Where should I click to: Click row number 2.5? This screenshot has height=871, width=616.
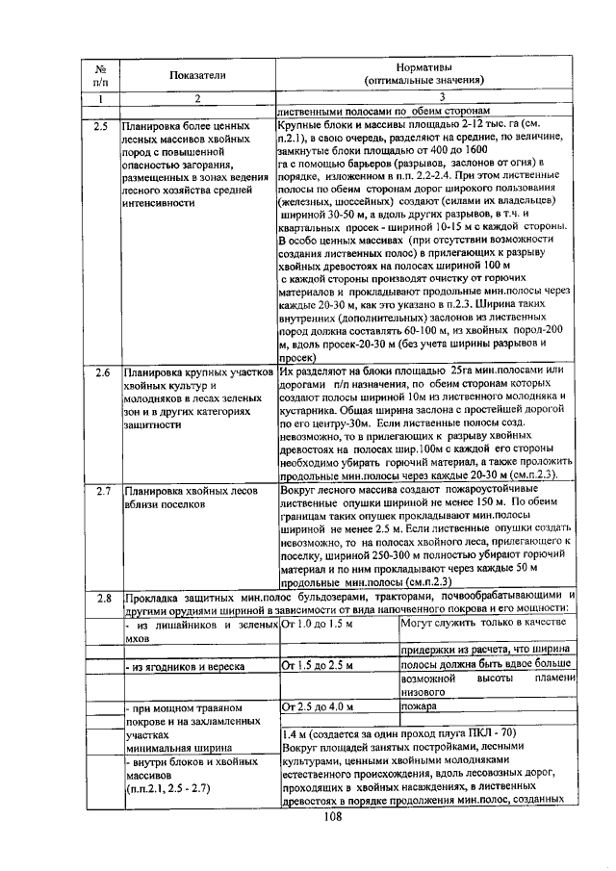[x=101, y=126]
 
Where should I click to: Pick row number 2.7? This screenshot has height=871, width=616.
[x=101, y=491]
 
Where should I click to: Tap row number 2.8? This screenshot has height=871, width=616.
[x=101, y=599]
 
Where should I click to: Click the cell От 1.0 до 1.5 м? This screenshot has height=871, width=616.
[x=317, y=626]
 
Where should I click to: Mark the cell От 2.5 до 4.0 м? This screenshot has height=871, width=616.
[x=317, y=706]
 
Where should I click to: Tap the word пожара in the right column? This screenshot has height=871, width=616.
[x=420, y=706]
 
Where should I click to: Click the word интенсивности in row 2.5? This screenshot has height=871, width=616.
[x=159, y=204]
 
